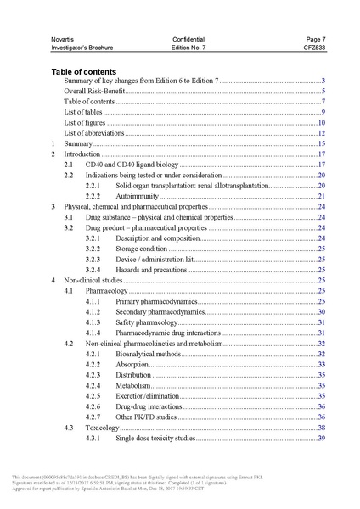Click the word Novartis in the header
pyautogui.click(x=64, y=39)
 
